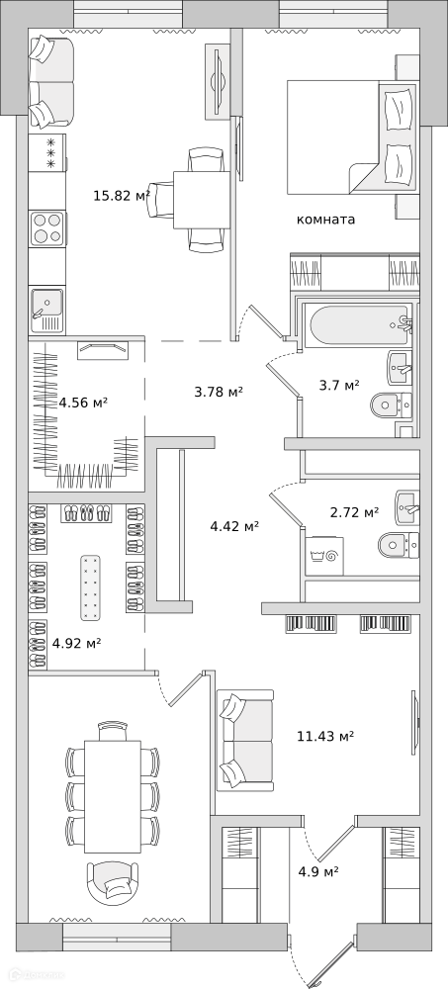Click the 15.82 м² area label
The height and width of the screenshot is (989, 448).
tap(122, 196)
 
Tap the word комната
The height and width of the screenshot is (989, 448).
tap(325, 220)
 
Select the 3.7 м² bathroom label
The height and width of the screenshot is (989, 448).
tap(339, 385)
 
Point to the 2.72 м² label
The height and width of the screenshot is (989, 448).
tap(355, 512)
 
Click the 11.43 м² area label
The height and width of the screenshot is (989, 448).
tap(325, 736)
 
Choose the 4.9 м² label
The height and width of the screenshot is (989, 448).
tap(318, 871)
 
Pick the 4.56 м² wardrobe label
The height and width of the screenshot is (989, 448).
tap(83, 402)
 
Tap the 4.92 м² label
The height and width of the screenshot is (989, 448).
tap(77, 644)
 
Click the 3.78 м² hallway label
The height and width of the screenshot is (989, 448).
tap(219, 392)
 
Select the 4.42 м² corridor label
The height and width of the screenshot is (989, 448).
tap(234, 525)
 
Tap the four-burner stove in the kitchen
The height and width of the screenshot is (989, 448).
tap(47, 228)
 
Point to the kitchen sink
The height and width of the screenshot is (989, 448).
tap(47, 311)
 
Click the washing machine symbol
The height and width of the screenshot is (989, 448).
tap(325, 556)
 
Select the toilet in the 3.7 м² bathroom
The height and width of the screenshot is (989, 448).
tap(392, 404)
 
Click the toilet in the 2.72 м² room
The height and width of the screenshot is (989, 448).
tap(399, 544)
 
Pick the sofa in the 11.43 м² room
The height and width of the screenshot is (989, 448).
tap(245, 741)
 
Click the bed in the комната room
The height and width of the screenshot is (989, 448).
tap(352, 136)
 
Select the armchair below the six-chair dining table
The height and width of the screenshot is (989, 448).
tap(114, 882)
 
